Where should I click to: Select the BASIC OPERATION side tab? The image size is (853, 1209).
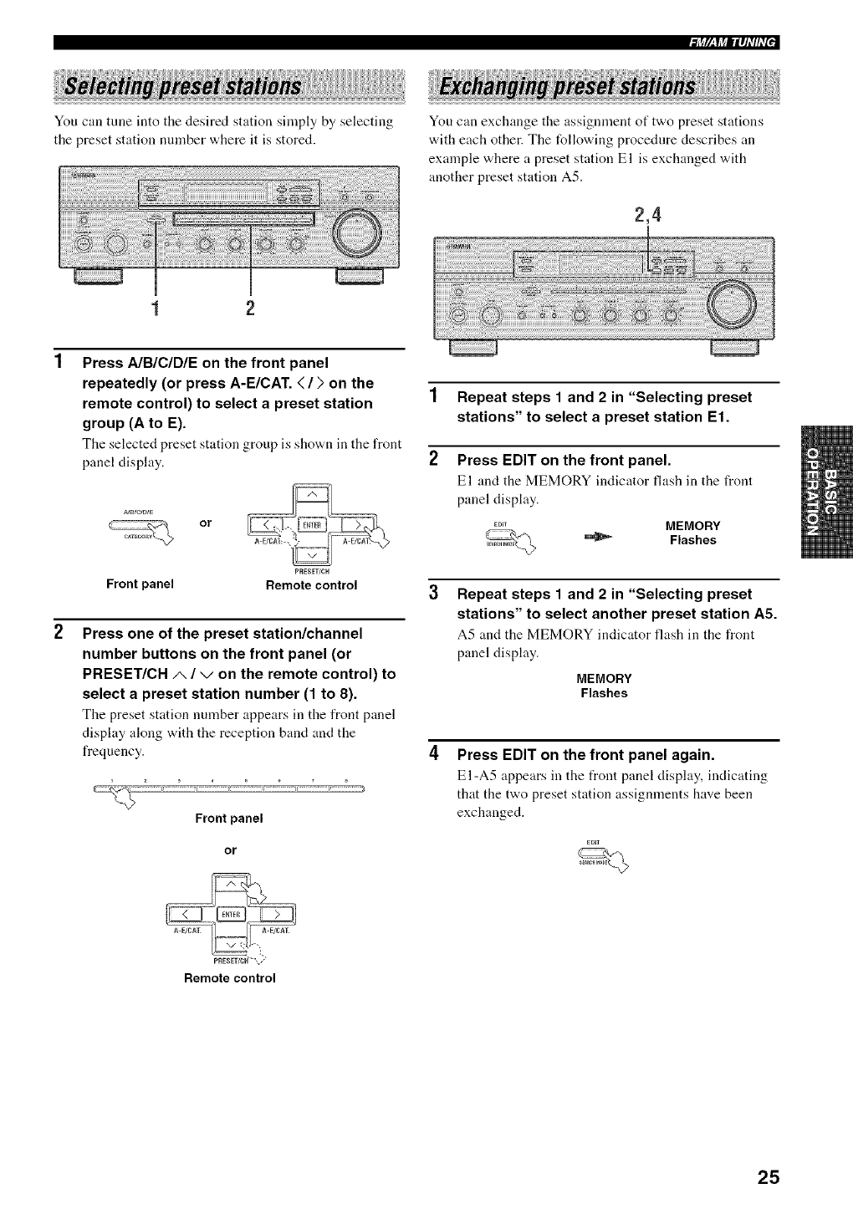point(825,492)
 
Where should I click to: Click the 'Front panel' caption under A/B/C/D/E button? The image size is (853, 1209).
point(140,584)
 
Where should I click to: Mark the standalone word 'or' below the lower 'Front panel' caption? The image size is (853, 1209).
point(230,850)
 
